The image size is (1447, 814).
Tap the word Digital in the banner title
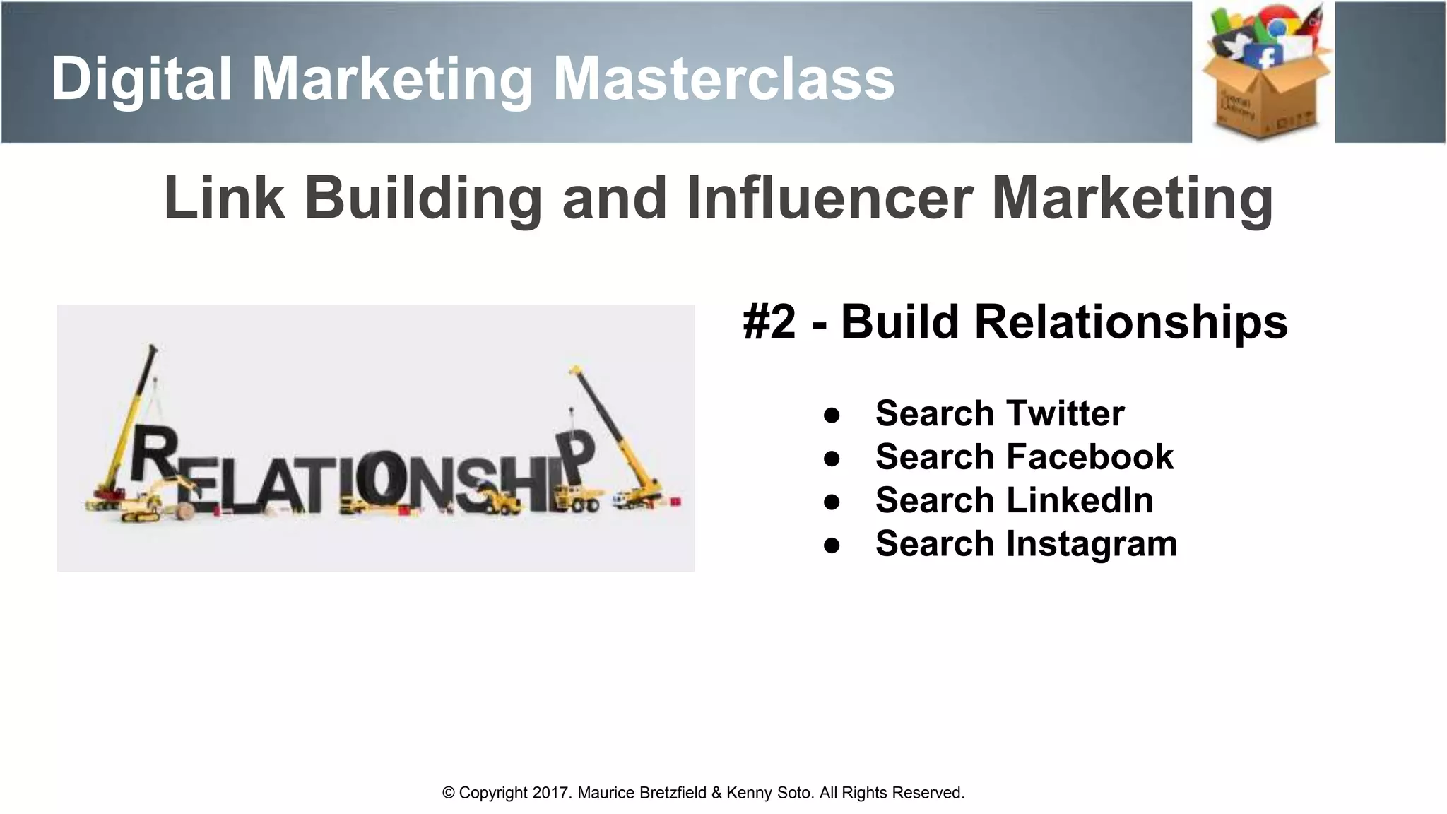point(141,79)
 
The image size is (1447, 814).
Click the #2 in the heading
point(769,322)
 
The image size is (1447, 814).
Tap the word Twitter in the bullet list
point(1065,413)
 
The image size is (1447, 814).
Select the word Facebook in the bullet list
point(1089,456)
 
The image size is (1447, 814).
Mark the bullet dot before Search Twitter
point(832,415)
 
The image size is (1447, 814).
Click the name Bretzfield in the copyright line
point(672,793)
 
